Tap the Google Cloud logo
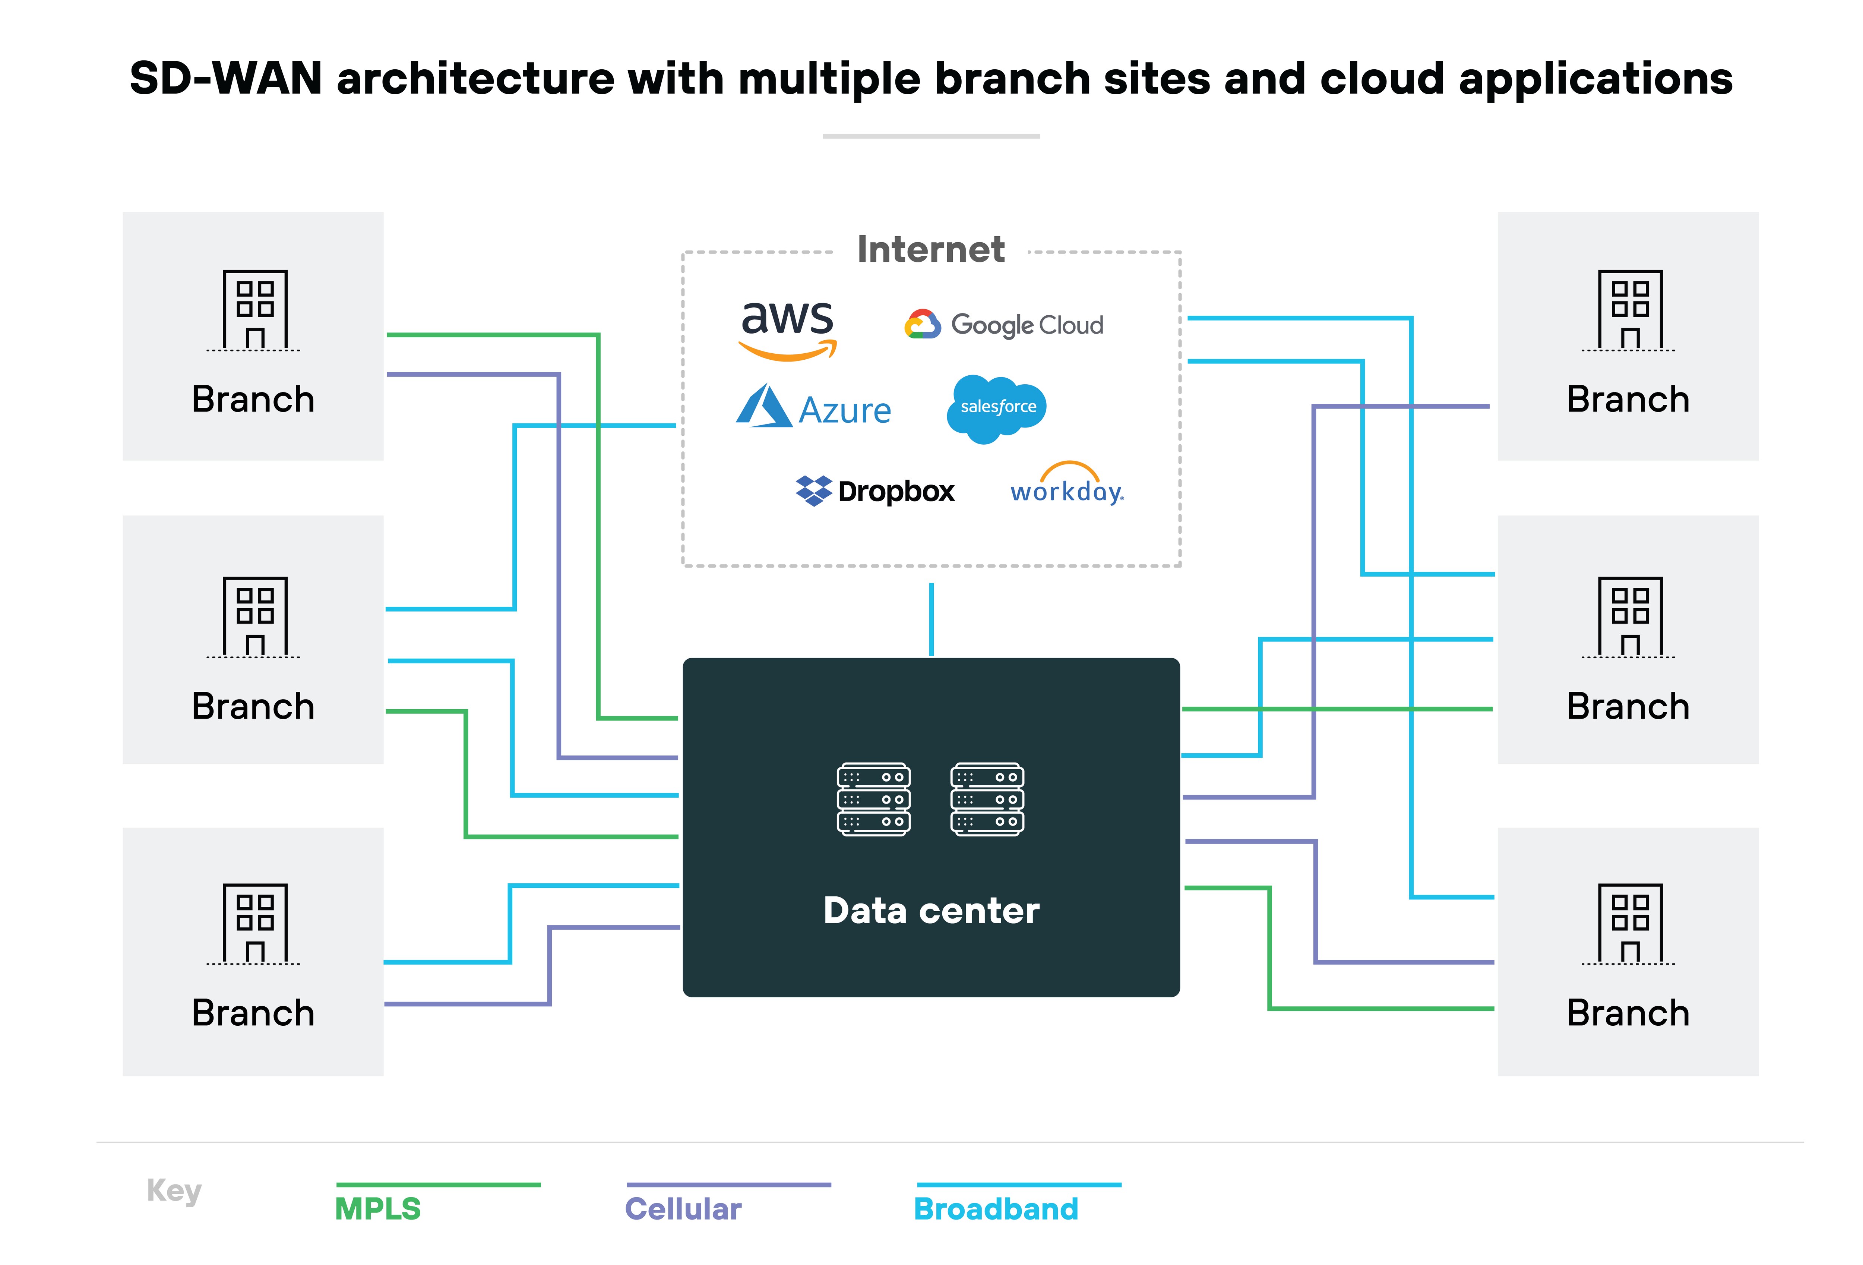[1004, 325]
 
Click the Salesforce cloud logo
[996, 407]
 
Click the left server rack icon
[873, 799]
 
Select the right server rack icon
[987, 799]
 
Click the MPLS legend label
[377, 1208]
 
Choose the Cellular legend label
[683, 1208]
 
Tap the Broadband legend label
[996, 1208]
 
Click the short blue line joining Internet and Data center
[931, 619]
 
